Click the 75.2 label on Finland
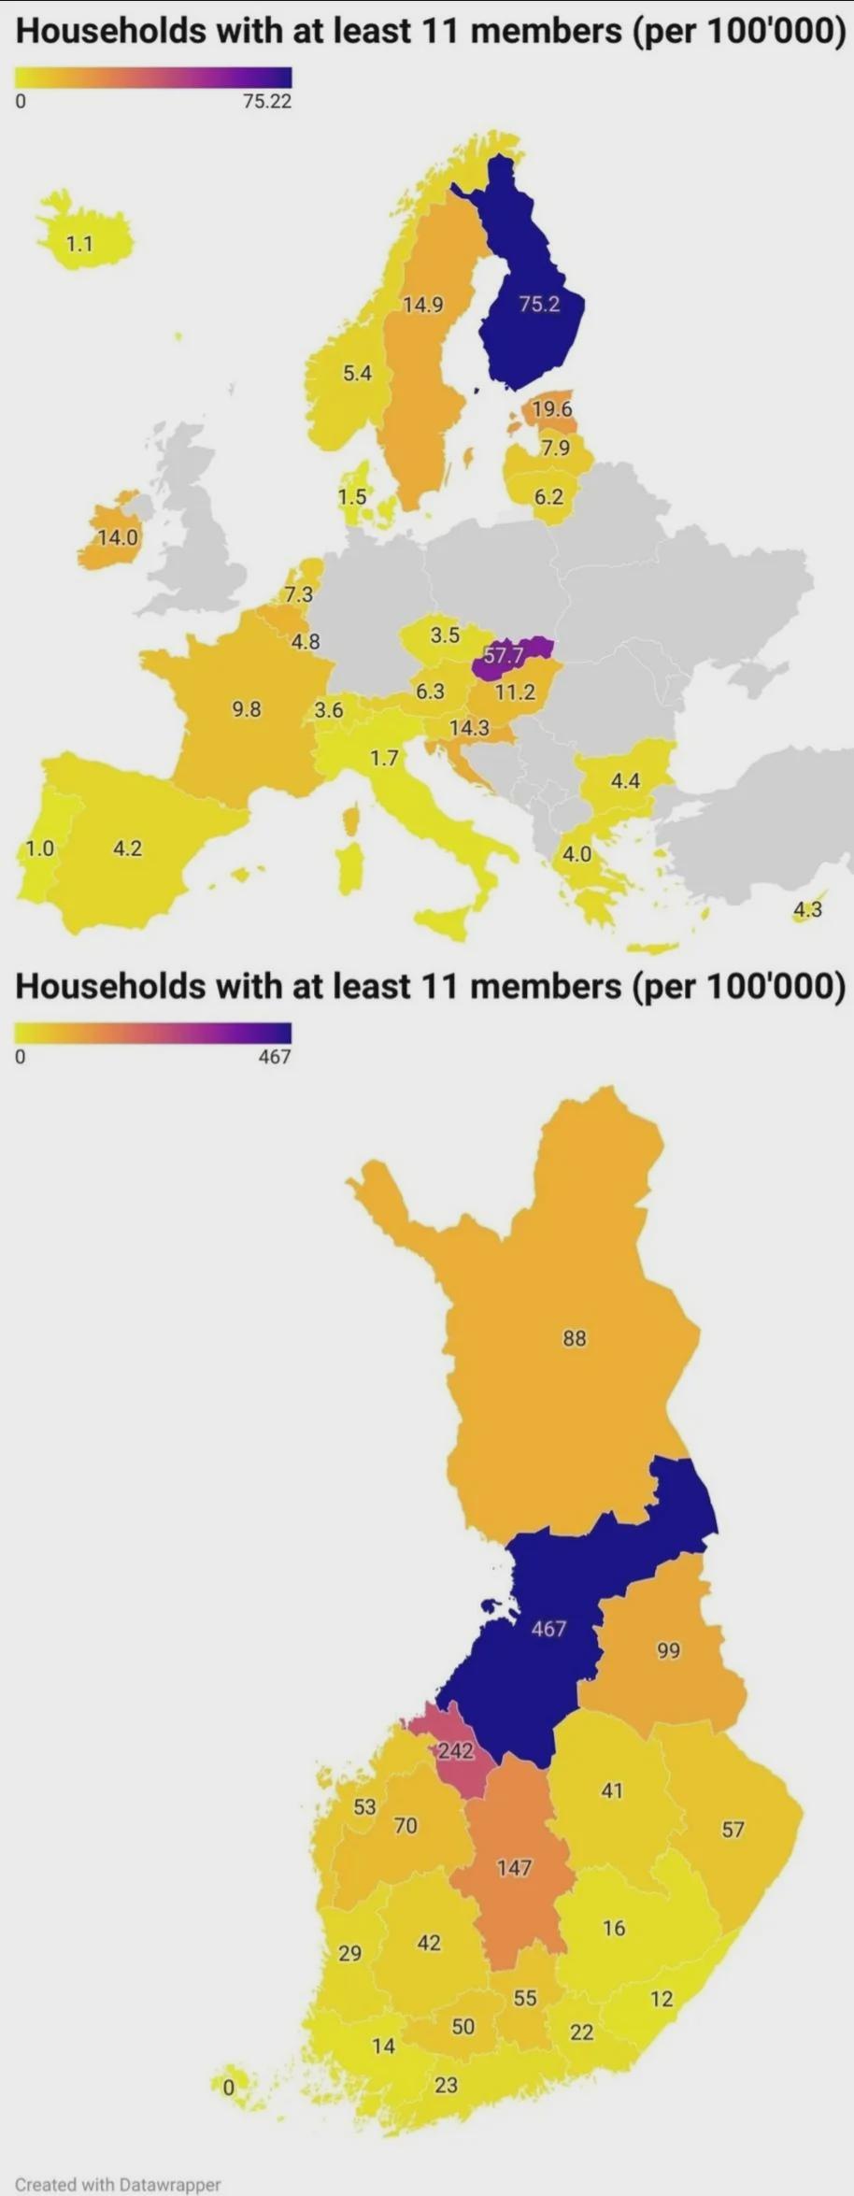539,304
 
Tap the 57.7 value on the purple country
503,656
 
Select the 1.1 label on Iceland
79,244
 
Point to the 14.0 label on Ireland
119,537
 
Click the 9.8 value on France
247,709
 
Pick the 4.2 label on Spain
127,848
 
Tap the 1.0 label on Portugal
39,848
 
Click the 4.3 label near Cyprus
807,909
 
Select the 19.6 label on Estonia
551,408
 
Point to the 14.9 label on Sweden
423,305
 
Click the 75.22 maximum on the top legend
267,101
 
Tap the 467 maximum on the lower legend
275,1057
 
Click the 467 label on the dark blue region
548,1629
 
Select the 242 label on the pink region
455,1750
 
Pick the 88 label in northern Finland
575,1338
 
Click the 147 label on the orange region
514,1867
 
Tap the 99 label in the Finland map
668,1650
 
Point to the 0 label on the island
227,2089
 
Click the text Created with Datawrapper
118,2185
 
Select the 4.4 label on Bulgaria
625,780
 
